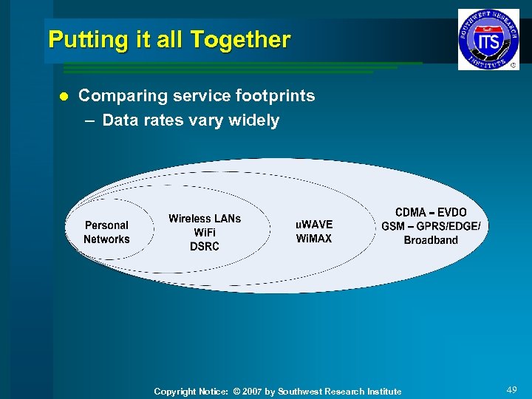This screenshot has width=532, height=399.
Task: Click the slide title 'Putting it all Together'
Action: tap(169, 39)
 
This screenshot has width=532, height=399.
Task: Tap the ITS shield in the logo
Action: tap(488, 40)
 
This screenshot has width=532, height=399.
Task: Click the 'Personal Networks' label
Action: tap(106, 232)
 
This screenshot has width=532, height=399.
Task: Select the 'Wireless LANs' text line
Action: tap(205, 219)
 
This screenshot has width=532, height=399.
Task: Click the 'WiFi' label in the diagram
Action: tap(205, 233)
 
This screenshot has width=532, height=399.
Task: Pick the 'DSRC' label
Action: tap(205, 247)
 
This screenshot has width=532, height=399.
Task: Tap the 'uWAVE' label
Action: tap(314, 225)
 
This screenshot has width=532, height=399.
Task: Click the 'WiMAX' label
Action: tap(314, 239)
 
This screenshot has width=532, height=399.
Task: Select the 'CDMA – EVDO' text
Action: tap(431, 212)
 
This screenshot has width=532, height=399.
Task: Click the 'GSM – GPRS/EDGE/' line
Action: tap(431, 226)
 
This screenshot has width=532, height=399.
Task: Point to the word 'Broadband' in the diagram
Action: tap(431, 240)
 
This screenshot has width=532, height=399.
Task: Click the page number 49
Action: tap(511, 389)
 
